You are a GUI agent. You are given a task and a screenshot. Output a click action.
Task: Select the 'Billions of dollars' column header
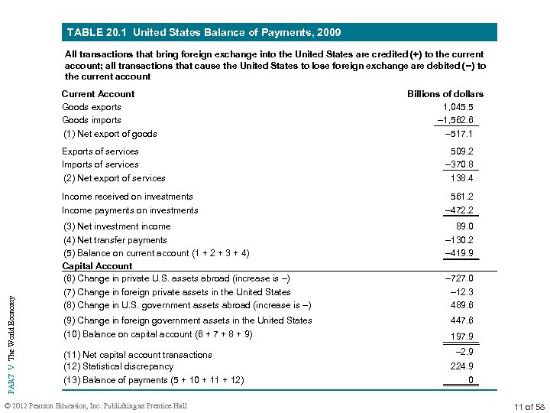[x=445, y=94]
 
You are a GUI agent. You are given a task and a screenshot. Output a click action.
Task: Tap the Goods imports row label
[x=92, y=120]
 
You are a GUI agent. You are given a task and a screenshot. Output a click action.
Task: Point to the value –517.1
[x=458, y=134]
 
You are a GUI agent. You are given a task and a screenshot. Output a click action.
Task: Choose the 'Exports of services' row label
[x=100, y=151]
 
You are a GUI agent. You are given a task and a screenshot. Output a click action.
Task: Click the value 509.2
[x=461, y=151]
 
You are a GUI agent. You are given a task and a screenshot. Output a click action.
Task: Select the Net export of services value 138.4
[x=461, y=178]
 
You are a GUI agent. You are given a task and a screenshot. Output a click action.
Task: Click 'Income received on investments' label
[x=128, y=197]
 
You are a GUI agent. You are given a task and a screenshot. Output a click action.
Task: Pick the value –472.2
[x=458, y=210]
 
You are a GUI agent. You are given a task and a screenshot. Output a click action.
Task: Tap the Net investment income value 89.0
[x=464, y=226]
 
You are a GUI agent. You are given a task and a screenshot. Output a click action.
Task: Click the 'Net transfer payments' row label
[x=115, y=240]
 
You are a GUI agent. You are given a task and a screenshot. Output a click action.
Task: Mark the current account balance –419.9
[x=458, y=253]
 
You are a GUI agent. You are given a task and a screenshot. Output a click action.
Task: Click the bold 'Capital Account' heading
[x=97, y=266]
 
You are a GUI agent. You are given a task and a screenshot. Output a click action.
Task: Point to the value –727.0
[x=458, y=278]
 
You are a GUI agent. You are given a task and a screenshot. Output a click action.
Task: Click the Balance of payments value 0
[x=471, y=380]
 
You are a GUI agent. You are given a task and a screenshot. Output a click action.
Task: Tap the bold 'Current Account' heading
[x=98, y=94]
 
